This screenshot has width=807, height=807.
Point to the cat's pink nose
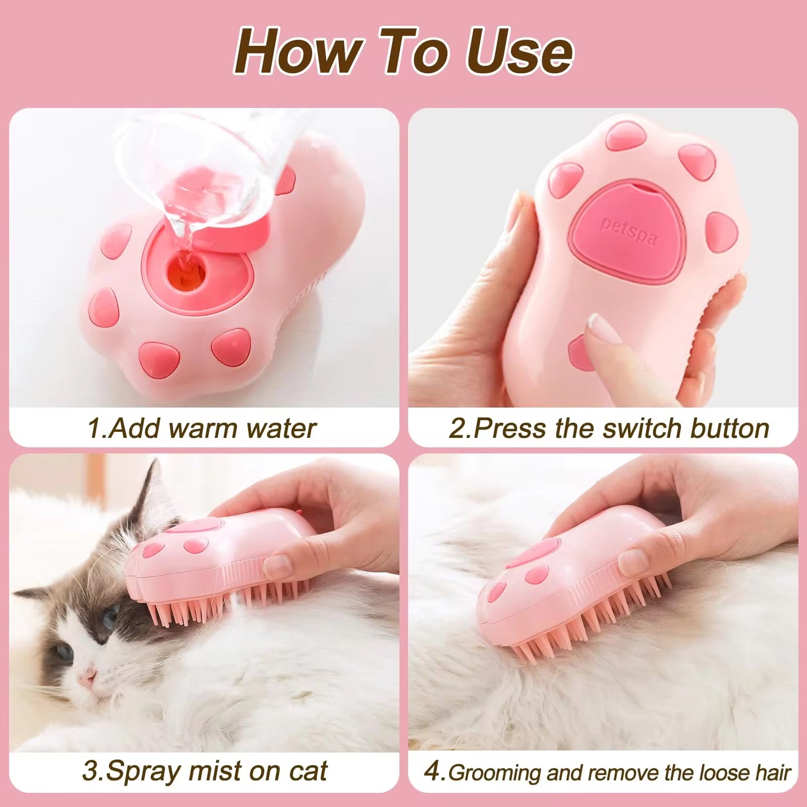click(87, 679)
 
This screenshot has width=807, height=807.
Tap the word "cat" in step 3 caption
click(308, 771)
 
